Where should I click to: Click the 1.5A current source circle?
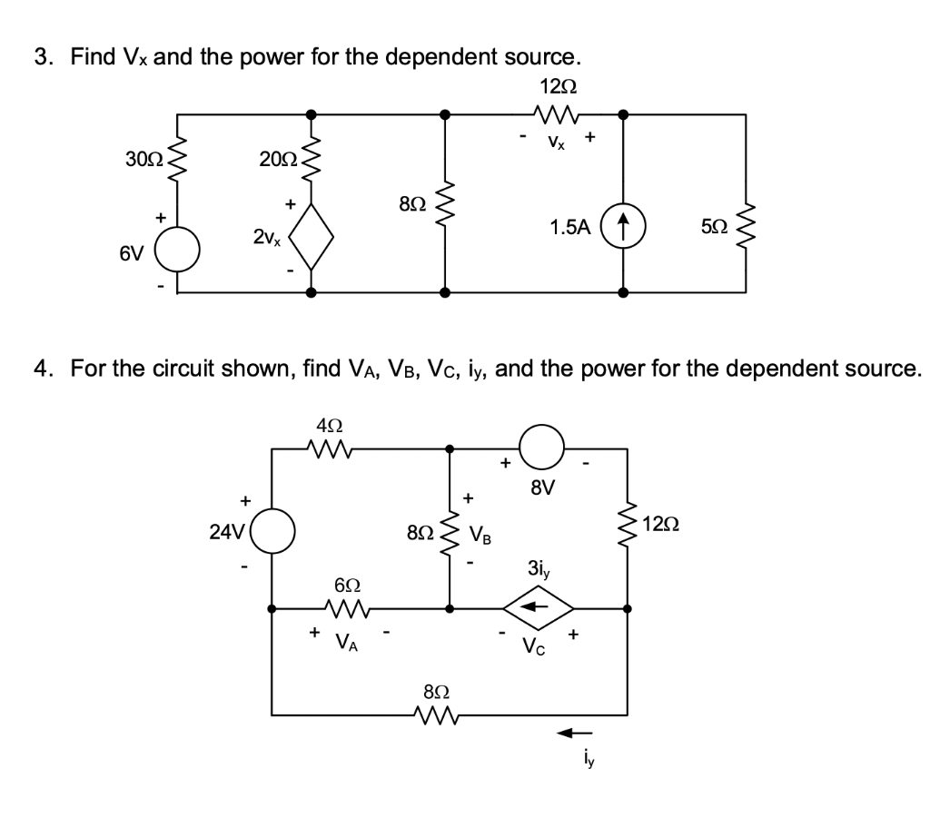coord(624,226)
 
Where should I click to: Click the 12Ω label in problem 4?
coord(661,524)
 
